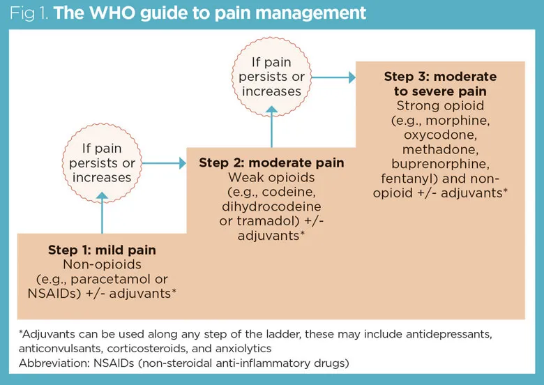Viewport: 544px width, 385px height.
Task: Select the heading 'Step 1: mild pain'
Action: pyautogui.click(x=102, y=250)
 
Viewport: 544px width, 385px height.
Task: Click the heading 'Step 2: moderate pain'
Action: pyautogui.click(x=271, y=163)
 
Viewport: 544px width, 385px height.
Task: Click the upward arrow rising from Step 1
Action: pyautogui.click(x=102, y=213)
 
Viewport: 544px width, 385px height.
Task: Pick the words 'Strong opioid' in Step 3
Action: pyautogui.click(x=440, y=105)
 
